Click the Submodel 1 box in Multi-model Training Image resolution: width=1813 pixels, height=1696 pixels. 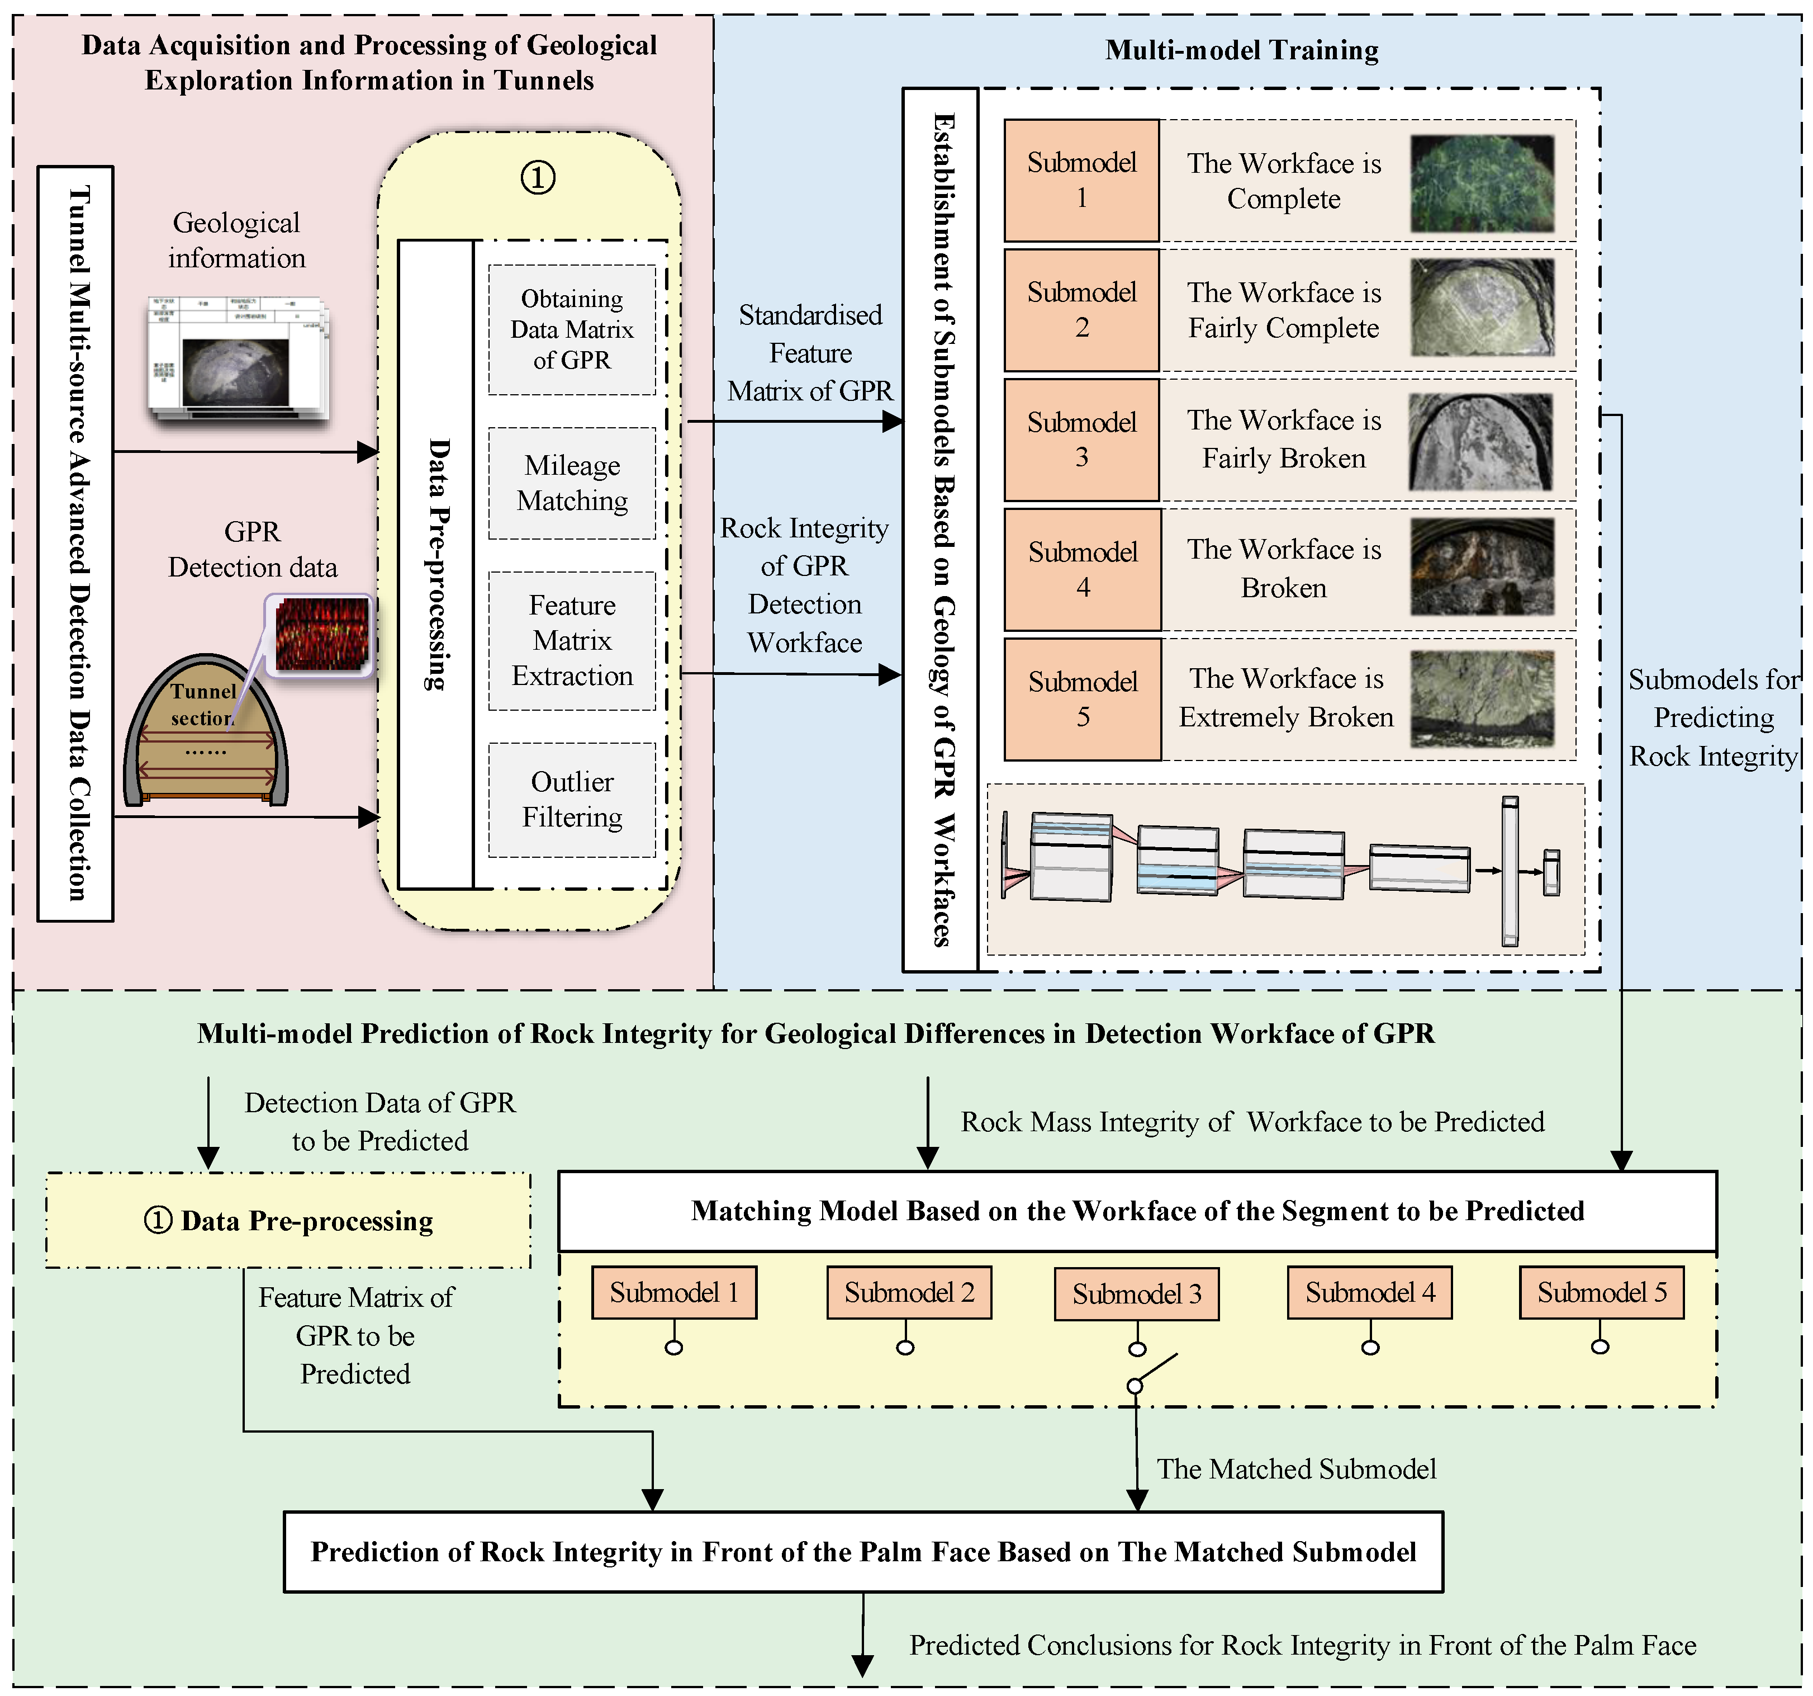tap(1081, 181)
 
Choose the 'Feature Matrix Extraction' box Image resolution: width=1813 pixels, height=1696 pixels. tap(572, 640)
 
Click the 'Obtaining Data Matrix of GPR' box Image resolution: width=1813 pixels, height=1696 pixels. tap(572, 329)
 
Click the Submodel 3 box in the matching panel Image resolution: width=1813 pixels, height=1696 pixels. tap(1136, 1293)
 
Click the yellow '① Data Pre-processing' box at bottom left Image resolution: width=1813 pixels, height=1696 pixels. tap(288, 1221)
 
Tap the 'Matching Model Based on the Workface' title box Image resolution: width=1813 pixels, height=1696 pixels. tap(1137, 1211)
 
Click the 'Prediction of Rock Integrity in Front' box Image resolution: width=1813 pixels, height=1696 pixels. tap(863, 1552)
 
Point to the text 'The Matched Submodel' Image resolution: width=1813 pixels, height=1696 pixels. tap(1296, 1469)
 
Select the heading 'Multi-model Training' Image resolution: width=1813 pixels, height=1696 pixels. tap(1241, 50)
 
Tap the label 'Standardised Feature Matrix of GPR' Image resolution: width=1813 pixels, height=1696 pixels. tap(810, 353)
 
